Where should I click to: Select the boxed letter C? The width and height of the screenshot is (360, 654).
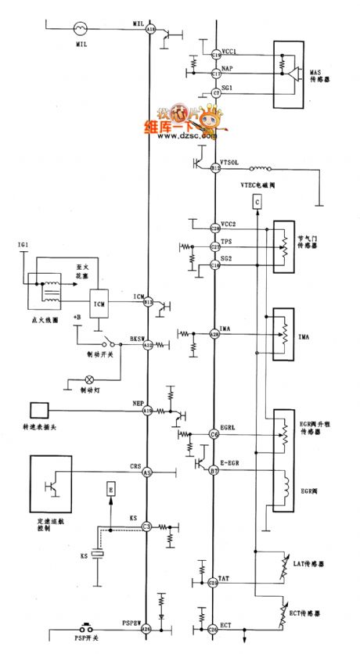click(256, 203)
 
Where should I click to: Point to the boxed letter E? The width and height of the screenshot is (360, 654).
click(110, 490)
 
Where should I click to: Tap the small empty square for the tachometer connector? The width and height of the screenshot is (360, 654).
click(38, 409)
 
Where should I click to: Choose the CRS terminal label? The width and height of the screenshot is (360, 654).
click(135, 466)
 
